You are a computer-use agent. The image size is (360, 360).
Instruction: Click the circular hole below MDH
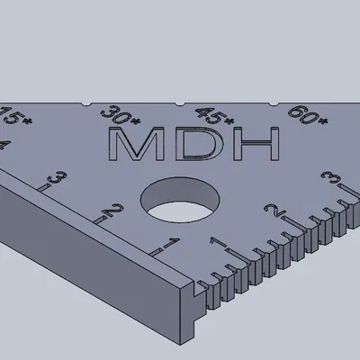coord(183,201)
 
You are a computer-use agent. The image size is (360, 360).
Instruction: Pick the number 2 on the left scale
coord(112,212)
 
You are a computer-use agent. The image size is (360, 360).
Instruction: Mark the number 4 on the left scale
coord(4,145)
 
